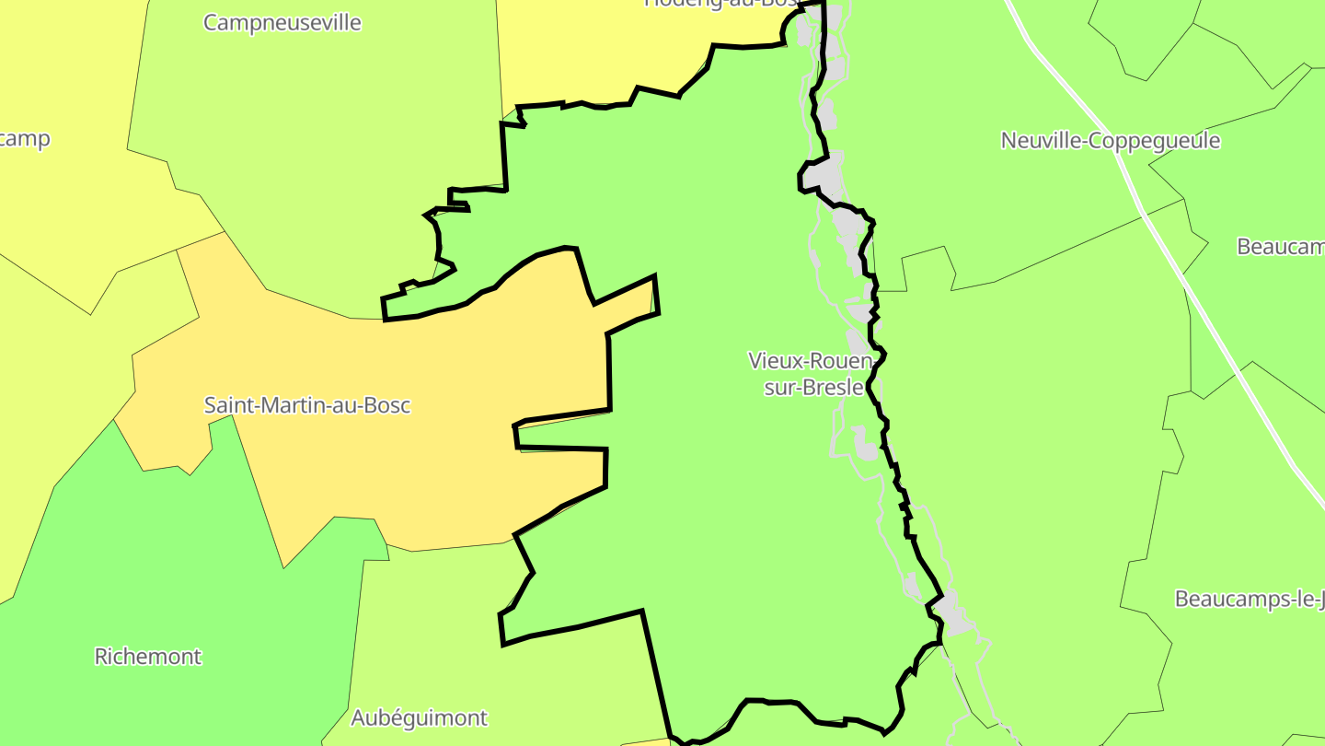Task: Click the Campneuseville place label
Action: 282,23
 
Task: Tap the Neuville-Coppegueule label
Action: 1111,141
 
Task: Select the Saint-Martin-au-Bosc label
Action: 307,405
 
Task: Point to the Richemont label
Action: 148,657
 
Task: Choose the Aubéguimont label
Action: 419,717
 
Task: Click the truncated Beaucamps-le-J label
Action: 1250,600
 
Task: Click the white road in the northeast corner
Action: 1059,73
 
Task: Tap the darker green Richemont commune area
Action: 184,571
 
